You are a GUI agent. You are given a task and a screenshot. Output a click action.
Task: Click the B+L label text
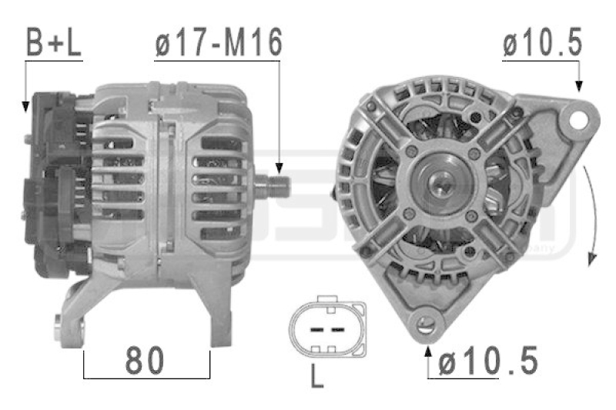point(53,44)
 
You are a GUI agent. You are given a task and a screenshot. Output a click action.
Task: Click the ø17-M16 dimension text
point(219,44)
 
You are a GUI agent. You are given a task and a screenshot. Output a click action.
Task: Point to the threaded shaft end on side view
point(277,186)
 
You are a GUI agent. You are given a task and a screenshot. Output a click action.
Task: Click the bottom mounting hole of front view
point(424,322)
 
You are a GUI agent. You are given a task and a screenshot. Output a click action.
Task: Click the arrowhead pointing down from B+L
point(25,105)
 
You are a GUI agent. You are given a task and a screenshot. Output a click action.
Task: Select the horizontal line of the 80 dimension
point(146,378)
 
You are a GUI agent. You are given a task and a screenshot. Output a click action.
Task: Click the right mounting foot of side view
point(219,315)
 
